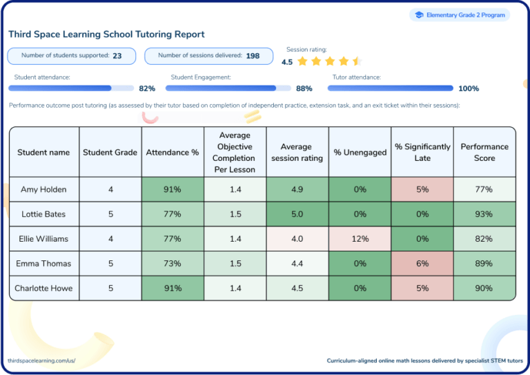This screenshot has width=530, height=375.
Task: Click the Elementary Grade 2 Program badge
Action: [x=460, y=15]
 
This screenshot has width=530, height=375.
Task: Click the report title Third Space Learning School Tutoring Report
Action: [x=106, y=34]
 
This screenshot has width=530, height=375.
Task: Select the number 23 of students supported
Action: [x=117, y=56]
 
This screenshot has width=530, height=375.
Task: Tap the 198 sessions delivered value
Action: [x=253, y=56]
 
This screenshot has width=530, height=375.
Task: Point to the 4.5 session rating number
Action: [x=287, y=62]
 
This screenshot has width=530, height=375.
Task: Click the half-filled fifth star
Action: [x=356, y=61]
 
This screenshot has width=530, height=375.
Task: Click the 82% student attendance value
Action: [x=147, y=88]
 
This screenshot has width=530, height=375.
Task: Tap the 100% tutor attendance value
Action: [x=469, y=88]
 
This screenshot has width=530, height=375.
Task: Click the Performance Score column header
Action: [x=484, y=152]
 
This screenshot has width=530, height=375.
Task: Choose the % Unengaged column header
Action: [x=360, y=152]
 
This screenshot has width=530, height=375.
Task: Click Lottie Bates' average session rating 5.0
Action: [x=297, y=214]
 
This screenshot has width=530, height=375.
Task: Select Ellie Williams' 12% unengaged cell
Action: [x=360, y=239]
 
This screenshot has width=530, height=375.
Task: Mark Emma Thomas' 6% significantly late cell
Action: [x=422, y=264]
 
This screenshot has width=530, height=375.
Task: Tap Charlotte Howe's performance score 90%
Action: [x=484, y=289]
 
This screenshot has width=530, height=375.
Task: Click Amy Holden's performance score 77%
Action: [x=484, y=189]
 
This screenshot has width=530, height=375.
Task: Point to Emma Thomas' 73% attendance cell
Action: [x=172, y=264]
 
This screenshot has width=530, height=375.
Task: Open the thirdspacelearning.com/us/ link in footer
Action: [x=41, y=360]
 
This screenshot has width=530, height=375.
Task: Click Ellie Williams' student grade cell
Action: [x=110, y=239]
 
